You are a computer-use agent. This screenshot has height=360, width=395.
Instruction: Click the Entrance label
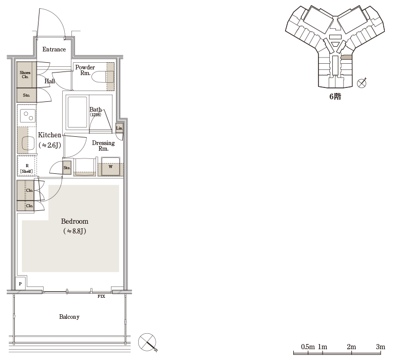[54, 49]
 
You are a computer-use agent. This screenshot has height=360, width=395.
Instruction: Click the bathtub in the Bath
[78, 112]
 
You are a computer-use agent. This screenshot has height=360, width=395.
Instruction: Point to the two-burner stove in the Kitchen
[27, 116]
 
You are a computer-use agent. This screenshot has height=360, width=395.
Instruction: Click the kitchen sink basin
[27, 143]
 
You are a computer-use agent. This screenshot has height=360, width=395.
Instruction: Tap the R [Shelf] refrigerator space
[27, 166]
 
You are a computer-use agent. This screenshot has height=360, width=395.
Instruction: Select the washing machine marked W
[110, 166]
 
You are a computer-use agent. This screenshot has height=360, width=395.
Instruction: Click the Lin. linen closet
[119, 128]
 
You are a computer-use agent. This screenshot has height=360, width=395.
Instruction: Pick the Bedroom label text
[74, 221]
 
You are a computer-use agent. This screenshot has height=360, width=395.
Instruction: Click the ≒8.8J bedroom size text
[74, 231]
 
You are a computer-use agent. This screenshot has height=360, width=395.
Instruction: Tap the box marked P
[20, 284]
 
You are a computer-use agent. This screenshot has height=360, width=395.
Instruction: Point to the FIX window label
[101, 296]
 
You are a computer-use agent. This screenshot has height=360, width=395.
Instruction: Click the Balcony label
[69, 317]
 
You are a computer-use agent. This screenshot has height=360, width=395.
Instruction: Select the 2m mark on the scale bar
[351, 347]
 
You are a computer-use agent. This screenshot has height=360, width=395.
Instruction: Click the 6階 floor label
[335, 97]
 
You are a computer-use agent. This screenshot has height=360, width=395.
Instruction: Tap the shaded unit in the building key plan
[346, 57]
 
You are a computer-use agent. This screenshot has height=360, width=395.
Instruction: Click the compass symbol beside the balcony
[147, 343]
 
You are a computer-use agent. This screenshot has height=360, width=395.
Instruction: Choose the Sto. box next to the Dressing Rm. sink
[67, 168]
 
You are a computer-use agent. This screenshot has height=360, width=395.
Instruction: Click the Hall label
[50, 81]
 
